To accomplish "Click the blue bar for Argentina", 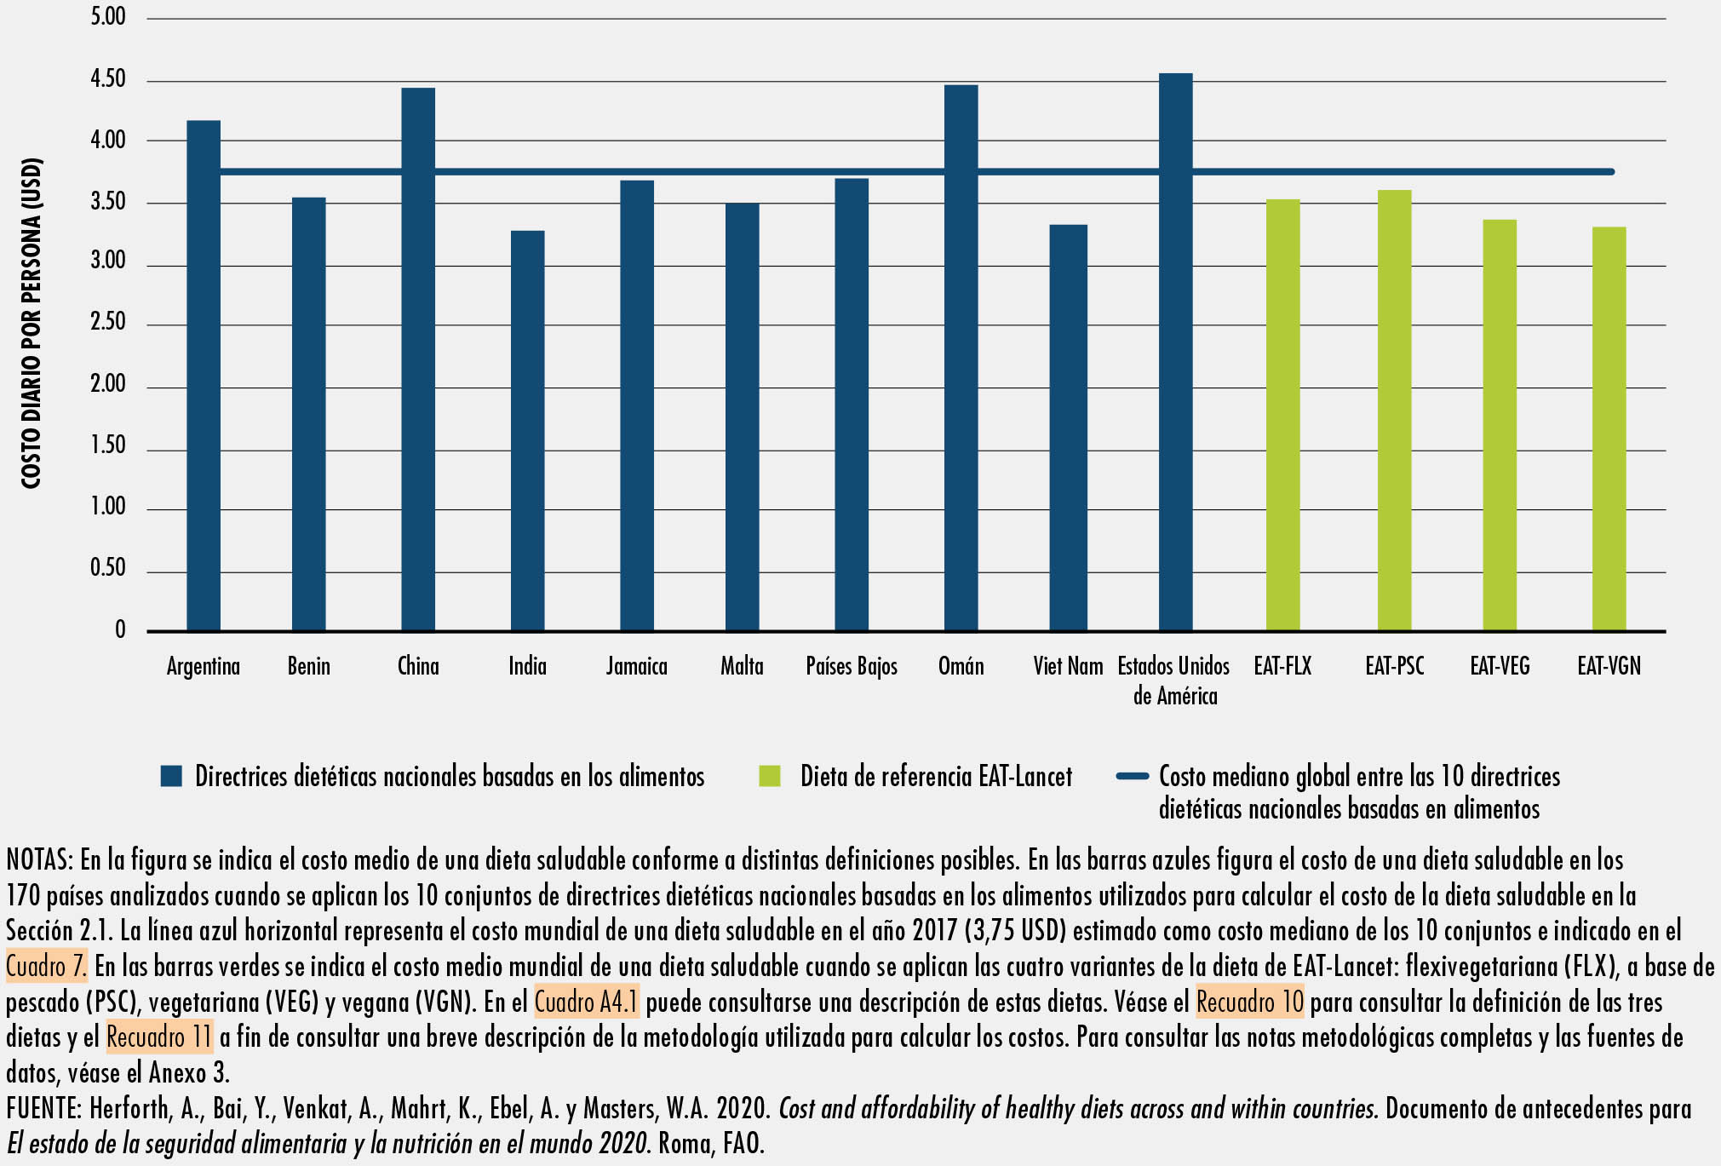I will coord(204,375).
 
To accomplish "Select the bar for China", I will coord(418,358).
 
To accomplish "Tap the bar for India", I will coord(527,430).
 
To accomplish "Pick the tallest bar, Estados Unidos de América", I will coord(1175,351).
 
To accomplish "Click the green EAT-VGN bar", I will coord(1609,428).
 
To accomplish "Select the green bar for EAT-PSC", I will coord(1394,410).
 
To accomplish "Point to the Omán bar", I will coord(961,358).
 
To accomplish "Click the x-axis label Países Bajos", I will coord(852,666).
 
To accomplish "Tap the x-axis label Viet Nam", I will coord(1068,666).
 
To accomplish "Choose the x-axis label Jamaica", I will coord(637,666).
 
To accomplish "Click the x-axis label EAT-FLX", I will coord(1282,666).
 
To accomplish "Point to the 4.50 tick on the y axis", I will coord(108,80).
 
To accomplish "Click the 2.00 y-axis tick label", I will coord(108,385).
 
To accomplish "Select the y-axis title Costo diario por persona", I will coord(32,324).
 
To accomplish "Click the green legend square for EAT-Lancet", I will coord(770,776).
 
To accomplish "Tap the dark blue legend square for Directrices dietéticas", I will coord(171,776).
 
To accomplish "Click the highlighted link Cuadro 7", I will coord(46,967).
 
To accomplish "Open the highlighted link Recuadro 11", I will coord(159,1037).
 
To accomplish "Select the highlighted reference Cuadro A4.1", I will coord(587,1002).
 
